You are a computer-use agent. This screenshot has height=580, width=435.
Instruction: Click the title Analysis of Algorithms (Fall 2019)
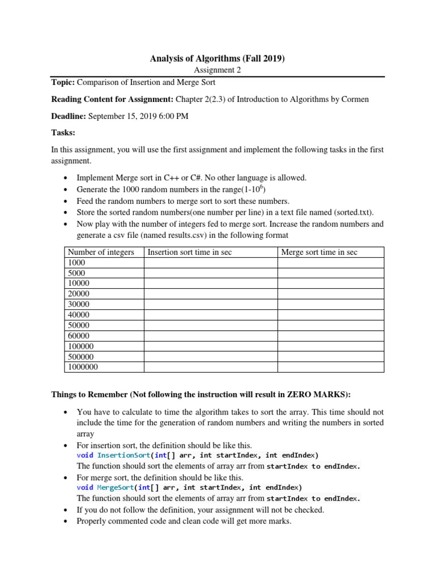coord(217,58)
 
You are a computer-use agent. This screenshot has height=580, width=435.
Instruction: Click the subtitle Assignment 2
coord(217,70)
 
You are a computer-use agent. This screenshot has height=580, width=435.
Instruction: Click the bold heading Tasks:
coord(63,133)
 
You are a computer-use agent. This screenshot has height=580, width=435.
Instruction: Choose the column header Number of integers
coord(101,252)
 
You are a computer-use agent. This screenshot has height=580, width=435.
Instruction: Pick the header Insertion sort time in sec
coord(190,252)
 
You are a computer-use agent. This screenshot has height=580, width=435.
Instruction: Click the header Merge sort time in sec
coord(319,252)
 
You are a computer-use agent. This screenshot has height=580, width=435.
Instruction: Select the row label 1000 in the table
coord(76,263)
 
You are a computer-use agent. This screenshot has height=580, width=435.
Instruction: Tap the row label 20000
coord(79,294)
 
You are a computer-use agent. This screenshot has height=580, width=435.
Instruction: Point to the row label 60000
coord(79,336)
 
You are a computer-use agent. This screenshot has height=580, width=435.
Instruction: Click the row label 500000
coord(81,357)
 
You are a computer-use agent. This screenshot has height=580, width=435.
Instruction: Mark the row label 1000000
coord(83,367)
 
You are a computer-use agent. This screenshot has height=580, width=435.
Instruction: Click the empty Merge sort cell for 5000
coord(331,273)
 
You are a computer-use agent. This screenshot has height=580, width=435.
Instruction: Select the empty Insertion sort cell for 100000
coord(211,346)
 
